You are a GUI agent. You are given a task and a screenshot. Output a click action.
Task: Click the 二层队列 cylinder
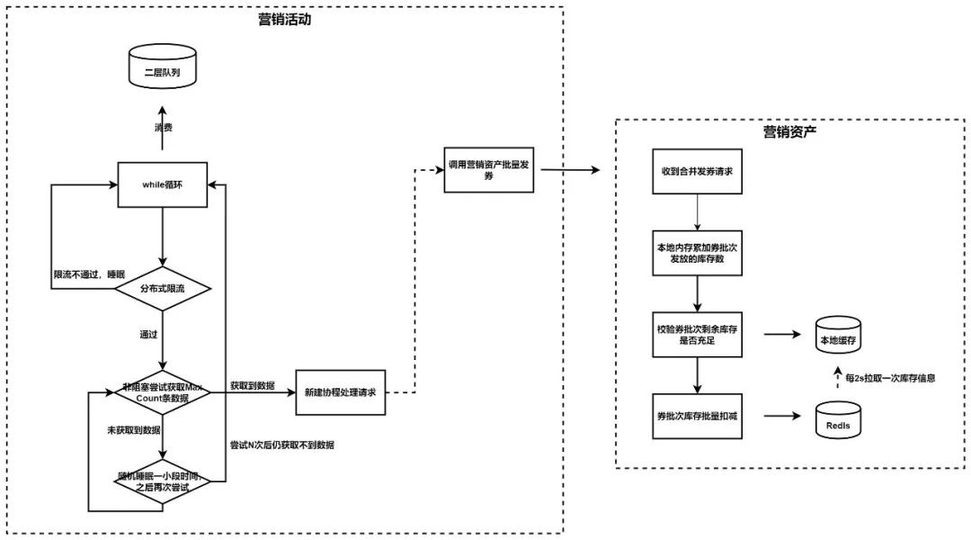[163, 71]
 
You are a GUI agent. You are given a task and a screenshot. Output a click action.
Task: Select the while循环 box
[163, 184]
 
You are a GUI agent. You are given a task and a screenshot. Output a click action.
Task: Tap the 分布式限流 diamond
[163, 289]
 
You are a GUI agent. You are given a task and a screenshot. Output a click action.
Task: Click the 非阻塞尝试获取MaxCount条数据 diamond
[163, 392]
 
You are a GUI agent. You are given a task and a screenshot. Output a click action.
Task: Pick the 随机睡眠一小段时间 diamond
[163, 481]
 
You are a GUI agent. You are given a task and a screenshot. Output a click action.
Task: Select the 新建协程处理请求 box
[341, 393]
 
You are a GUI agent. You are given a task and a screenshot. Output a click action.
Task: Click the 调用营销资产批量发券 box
[489, 171]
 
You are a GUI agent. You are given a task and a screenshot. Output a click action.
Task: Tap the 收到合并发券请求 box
[697, 171]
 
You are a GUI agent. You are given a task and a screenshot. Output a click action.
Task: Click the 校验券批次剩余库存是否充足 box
[697, 335]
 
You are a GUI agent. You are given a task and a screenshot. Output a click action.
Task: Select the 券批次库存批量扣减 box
[697, 417]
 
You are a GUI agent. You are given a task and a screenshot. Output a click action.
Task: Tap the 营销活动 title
[284, 20]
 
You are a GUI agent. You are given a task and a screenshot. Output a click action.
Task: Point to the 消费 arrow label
[163, 128]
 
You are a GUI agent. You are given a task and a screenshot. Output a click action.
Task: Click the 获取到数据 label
[252, 383]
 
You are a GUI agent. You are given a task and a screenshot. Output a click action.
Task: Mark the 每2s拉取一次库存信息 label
[890, 378]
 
